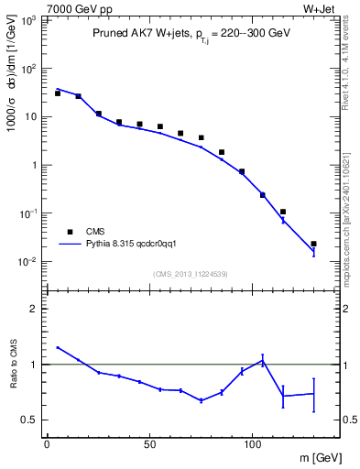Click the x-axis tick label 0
[x=47, y=443]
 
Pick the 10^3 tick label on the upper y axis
[x=29, y=19]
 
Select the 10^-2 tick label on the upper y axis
[x=29, y=262]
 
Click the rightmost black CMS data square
[x=313, y=244]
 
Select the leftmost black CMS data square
[x=57, y=93]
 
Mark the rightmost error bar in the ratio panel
[x=313, y=393]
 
